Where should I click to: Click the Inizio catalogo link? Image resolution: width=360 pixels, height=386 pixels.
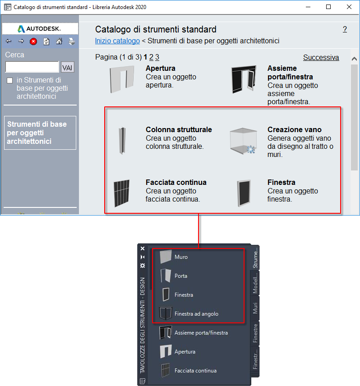(x=117, y=41)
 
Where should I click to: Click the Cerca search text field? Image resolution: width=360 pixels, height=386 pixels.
(x=32, y=67)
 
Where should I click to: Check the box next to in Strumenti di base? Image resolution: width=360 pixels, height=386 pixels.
(x=9, y=81)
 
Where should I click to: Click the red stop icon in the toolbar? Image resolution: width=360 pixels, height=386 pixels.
(x=33, y=41)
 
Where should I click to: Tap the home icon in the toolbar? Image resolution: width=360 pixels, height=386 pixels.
(x=59, y=41)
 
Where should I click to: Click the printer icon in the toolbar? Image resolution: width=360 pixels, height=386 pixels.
(x=72, y=41)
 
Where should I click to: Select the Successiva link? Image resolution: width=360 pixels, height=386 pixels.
(x=321, y=57)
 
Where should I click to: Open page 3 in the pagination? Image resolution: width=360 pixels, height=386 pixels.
(x=157, y=57)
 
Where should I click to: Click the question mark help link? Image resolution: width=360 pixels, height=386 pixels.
(x=345, y=29)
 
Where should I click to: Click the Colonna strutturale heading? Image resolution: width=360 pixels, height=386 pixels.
(x=179, y=129)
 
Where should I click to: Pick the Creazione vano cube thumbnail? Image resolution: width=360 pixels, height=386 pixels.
(x=243, y=141)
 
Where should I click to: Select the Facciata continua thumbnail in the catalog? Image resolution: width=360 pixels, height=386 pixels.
(x=122, y=193)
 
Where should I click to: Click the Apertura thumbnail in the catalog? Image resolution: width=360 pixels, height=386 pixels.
(x=122, y=79)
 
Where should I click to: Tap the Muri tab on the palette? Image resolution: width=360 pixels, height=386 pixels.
(x=255, y=308)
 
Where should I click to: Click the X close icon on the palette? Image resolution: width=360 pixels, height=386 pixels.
(x=143, y=248)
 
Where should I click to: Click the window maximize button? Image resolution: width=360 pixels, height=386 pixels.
(x=328, y=7)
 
